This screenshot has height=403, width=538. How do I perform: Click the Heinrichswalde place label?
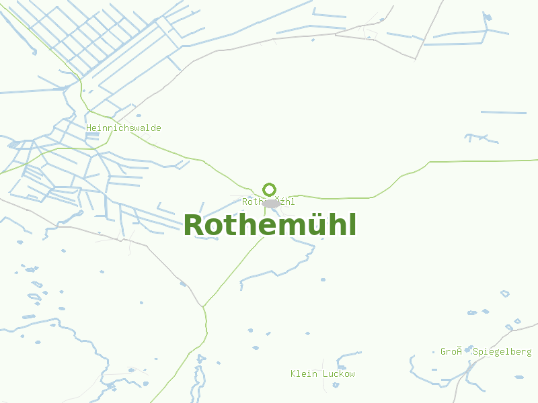click(x=124, y=128)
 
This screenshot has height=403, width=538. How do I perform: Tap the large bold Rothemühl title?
click(x=270, y=225)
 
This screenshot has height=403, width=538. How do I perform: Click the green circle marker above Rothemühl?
click(x=270, y=189)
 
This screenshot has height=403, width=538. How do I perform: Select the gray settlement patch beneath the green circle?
click(x=271, y=204)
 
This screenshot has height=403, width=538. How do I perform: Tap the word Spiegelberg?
click(x=502, y=351)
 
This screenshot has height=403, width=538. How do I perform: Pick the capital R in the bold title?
click(x=194, y=226)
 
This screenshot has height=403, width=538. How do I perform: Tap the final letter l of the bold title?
click(x=352, y=224)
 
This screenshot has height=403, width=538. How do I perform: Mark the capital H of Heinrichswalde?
click(x=89, y=128)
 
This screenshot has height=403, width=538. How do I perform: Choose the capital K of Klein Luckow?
click(x=293, y=373)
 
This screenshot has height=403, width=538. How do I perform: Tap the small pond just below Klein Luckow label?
click(x=336, y=385)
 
